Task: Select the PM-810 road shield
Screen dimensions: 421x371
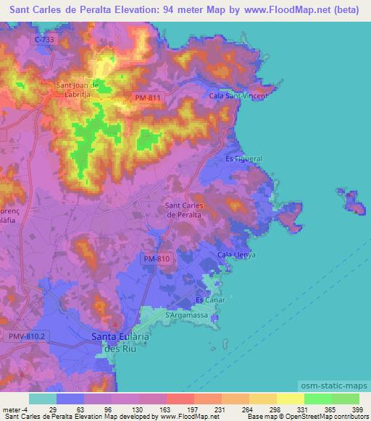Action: tap(152, 258)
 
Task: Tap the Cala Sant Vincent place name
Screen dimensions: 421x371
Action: tap(238, 95)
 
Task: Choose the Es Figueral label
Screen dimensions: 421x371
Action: tap(243, 158)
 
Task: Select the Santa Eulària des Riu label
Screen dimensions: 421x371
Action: tap(120, 341)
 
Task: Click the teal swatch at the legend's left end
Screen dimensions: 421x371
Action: tap(43, 399)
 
